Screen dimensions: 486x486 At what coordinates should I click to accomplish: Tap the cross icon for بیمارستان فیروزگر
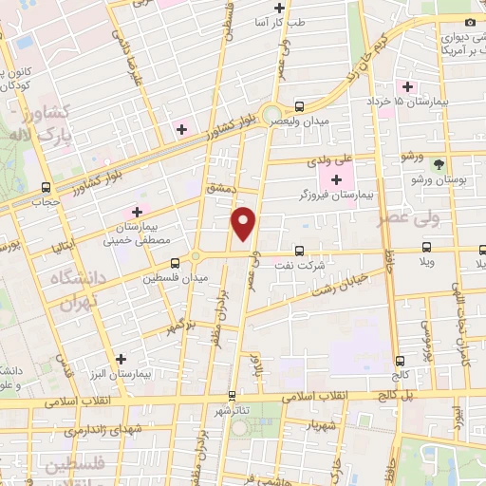click(336, 178)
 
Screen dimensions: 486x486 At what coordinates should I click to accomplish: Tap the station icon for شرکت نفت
click(300, 252)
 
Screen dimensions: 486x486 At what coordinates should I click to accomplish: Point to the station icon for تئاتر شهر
click(232, 395)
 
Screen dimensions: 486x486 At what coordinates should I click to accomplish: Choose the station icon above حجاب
click(47, 188)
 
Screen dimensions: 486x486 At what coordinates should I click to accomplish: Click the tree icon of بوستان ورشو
click(438, 164)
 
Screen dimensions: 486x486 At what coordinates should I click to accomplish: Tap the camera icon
click(470, 22)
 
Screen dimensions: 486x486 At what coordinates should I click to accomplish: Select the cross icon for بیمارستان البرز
click(121, 359)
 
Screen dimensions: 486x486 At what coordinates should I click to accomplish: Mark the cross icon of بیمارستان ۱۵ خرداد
click(407, 86)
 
